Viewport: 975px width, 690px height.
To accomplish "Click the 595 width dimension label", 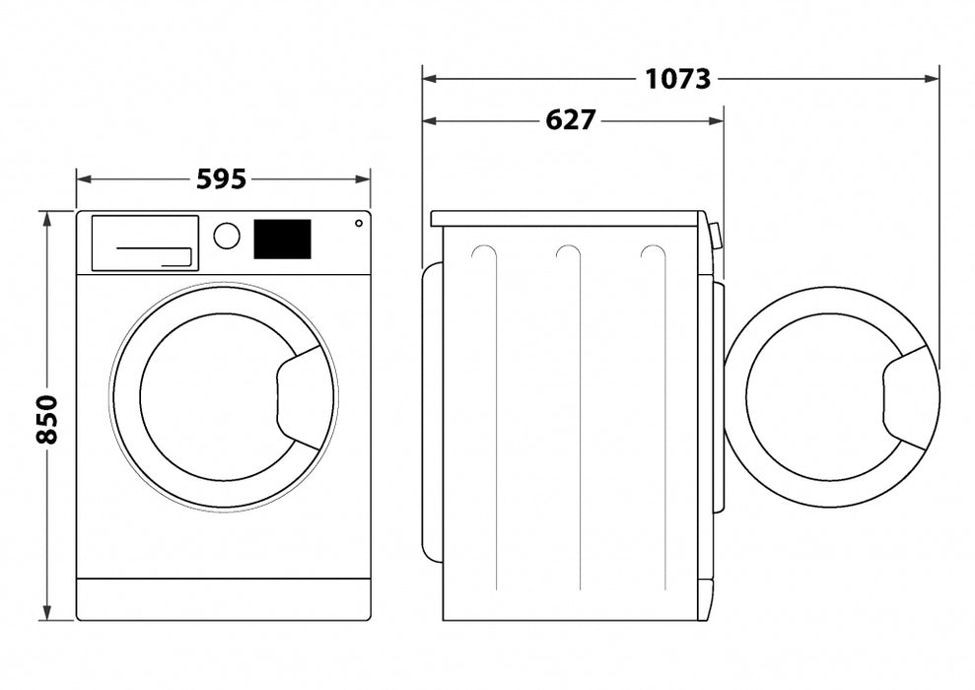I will (x=221, y=179).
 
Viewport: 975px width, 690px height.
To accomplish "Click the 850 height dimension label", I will (x=46, y=418).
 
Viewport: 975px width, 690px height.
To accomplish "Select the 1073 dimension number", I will (x=677, y=78).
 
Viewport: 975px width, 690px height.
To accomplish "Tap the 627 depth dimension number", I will (x=571, y=120).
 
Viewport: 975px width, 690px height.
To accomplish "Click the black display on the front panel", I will (x=282, y=240).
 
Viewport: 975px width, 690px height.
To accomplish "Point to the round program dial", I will (x=227, y=236).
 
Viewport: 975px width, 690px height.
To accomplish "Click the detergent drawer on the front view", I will (x=145, y=242).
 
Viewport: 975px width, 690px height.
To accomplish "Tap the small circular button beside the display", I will (x=359, y=223).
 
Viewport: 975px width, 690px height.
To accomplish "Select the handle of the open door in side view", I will (x=909, y=398).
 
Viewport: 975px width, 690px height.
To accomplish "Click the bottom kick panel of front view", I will (x=224, y=599).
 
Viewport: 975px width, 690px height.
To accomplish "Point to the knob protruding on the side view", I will (x=715, y=236).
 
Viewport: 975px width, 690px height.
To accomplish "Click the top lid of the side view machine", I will (x=565, y=218).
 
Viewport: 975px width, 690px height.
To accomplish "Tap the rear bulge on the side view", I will (x=432, y=414).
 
